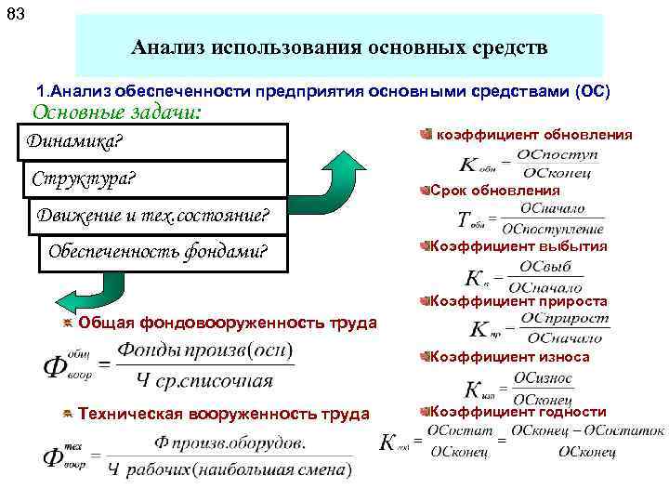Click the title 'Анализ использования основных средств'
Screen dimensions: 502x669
[339, 46]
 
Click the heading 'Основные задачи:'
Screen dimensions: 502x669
[116, 112]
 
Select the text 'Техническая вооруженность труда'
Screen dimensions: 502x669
[223, 414]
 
